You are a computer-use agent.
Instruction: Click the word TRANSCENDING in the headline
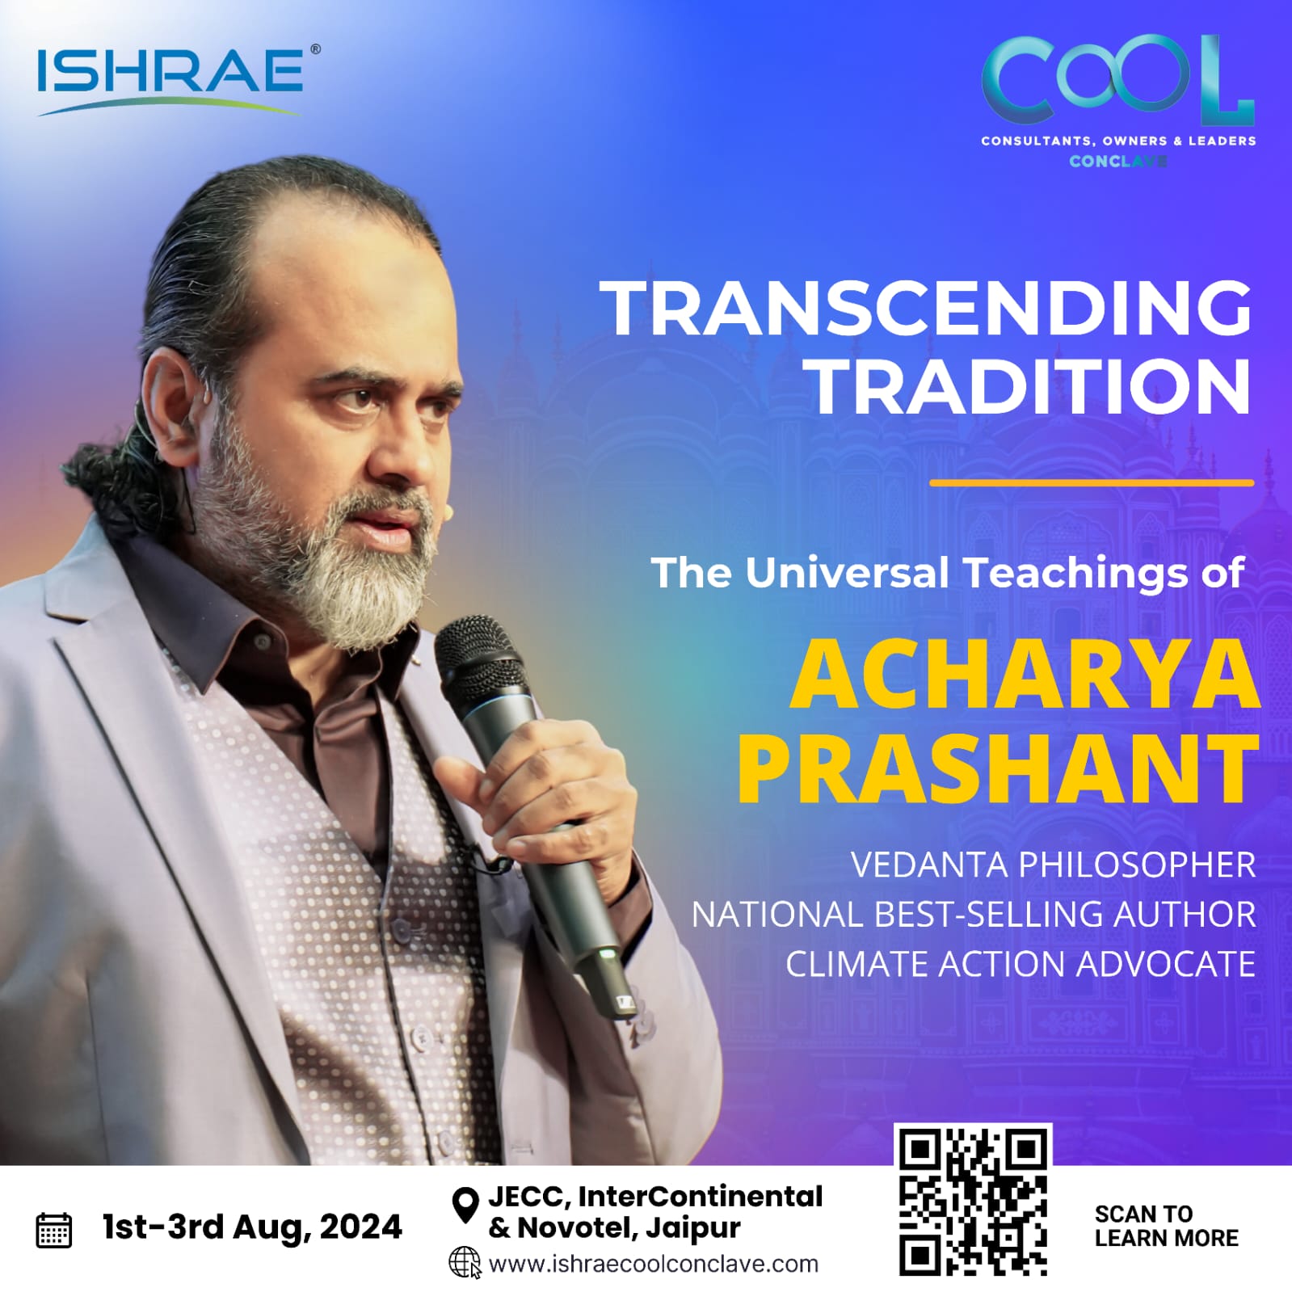click(929, 308)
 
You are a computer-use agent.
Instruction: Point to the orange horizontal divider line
click(1092, 482)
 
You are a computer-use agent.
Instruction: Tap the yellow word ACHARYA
click(1025, 675)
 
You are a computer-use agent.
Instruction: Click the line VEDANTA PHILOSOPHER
click(1054, 865)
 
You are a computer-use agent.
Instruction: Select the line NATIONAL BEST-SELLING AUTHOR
click(974, 914)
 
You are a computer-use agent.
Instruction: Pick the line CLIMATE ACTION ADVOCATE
click(1021, 964)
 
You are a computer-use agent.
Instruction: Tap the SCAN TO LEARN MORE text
click(1166, 1226)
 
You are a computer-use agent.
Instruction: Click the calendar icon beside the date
click(55, 1230)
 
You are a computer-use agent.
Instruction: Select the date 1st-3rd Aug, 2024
click(252, 1227)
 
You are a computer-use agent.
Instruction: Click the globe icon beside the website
click(465, 1263)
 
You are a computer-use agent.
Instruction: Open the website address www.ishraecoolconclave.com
click(654, 1264)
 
